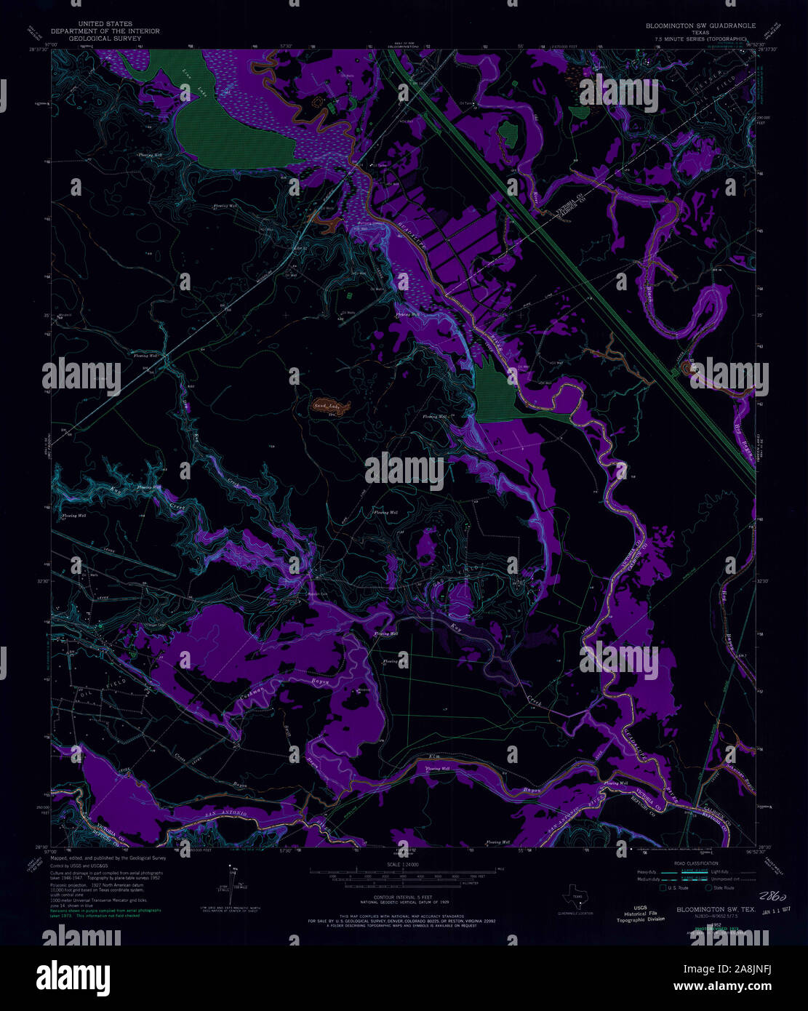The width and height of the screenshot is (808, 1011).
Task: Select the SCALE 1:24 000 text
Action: tap(404, 865)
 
